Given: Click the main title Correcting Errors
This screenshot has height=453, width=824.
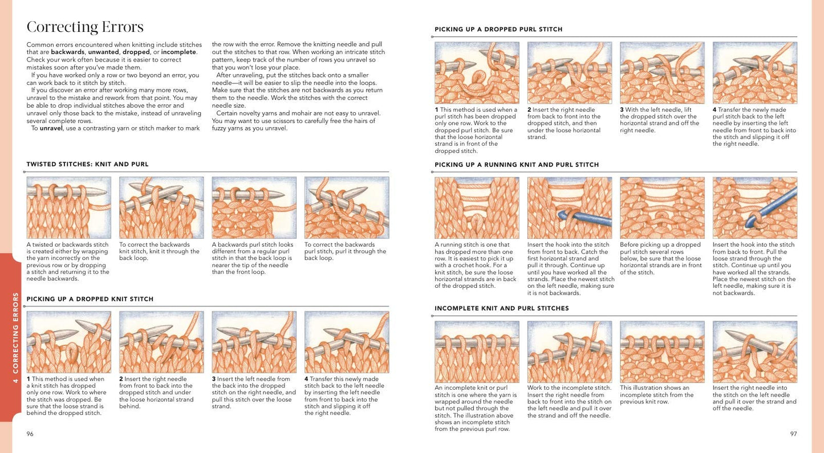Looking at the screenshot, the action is pyautogui.click(x=85, y=27).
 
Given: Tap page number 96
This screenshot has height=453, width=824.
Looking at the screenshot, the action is pyautogui.click(x=30, y=434).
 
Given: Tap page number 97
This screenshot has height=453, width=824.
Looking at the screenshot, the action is pyautogui.click(x=793, y=434).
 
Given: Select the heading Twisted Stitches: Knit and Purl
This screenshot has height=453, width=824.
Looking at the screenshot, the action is pyautogui.click(x=88, y=164).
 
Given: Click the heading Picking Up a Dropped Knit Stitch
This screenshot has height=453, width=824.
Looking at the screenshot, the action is pyautogui.click(x=90, y=299).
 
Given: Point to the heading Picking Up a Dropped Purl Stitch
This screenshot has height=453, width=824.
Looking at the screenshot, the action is pyautogui.click(x=498, y=29).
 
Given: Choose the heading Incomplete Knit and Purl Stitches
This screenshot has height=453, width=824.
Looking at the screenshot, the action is pyautogui.click(x=502, y=308).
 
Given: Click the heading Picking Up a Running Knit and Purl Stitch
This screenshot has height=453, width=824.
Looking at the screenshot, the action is pyautogui.click(x=517, y=164).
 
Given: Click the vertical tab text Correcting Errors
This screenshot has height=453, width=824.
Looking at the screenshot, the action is pyautogui.click(x=15, y=337).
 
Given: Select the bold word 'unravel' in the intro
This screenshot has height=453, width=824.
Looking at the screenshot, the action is pyautogui.click(x=51, y=128).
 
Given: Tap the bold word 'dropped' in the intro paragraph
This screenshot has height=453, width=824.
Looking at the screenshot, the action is pyautogui.click(x=136, y=52).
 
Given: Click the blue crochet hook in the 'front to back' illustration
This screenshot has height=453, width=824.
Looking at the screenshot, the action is pyautogui.click(x=585, y=218).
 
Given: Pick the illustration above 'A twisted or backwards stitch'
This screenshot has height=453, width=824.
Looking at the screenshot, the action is pyautogui.click(x=69, y=207).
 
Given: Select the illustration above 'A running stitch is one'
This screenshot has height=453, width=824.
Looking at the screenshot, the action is pyautogui.click(x=477, y=208).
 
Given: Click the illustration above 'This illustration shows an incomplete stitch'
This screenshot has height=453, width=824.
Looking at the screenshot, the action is pyautogui.click(x=662, y=352).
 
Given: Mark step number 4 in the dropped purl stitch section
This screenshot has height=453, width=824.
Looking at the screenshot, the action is pyautogui.click(x=715, y=109).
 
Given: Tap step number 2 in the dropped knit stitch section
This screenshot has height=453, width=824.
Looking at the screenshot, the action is pyautogui.click(x=121, y=379).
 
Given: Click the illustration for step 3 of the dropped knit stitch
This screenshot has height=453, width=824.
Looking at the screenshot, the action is pyautogui.click(x=254, y=342).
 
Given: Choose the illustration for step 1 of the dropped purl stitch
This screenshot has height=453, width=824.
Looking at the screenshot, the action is pyautogui.click(x=477, y=72).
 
